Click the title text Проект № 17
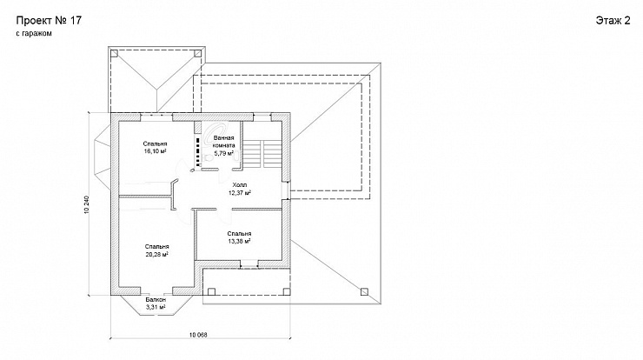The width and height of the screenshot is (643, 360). click(x=49, y=21)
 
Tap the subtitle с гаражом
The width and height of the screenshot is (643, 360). click(x=34, y=34)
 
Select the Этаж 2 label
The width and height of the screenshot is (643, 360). click(x=613, y=21)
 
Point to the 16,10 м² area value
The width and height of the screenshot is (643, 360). click(x=155, y=151)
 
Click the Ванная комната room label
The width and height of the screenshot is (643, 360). click(x=224, y=142)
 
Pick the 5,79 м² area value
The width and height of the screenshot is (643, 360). click(x=224, y=154)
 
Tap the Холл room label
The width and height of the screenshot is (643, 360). click(x=240, y=185)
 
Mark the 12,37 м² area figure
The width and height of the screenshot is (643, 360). click(x=240, y=192)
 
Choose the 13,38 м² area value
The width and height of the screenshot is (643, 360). click(x=239, y=241)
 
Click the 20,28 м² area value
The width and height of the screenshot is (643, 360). click(x=156, y=254)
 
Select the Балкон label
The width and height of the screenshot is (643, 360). click(x=156, y=300)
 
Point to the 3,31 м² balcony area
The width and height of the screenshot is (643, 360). click(x=156, y=307)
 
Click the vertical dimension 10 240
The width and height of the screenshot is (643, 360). click(x=87, y=204)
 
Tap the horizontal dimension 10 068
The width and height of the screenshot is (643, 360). click(x=198, y=335)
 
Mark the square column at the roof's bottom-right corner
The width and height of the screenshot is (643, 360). click(x=364, y=292)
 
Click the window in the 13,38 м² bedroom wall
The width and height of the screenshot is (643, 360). click(x=249, y=264)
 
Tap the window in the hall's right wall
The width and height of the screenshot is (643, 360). click(x=285, y=190)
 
